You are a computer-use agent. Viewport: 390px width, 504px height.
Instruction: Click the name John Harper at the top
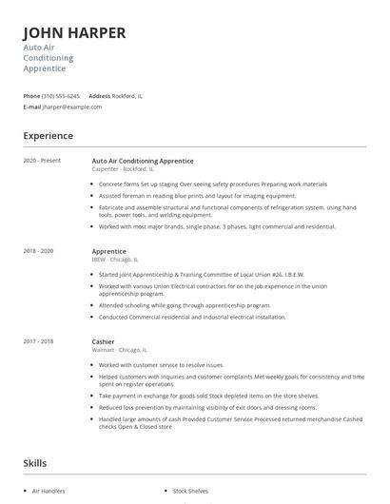pyautogui.click(x=74, y=33)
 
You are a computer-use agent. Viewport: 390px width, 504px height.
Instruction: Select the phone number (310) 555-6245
pyautogui.click(x=62, y=96)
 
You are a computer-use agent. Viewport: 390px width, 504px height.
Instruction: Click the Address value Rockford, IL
pyautogui.click(x=127, y=96)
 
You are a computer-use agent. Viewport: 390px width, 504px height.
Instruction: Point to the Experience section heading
pyautogui.click(x=49, y=136)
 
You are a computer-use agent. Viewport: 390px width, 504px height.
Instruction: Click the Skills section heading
pyautogui.click(x=36, y=463)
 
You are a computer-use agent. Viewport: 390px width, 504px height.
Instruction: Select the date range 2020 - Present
pyautogui.click(x=42, y=161)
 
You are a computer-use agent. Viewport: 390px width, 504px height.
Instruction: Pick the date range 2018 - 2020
pyautogui.click(x=38, y=250)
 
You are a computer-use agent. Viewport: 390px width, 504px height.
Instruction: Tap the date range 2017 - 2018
pyautogui.click(x=38, y=339)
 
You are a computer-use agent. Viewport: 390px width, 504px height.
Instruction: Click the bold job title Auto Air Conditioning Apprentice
pyautogui.click(x=143, y=161)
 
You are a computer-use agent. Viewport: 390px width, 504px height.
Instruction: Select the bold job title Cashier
pyautogui.click(x=104, y=339)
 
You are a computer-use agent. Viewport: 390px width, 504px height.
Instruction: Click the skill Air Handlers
pyautogui.click(x=49, y=491)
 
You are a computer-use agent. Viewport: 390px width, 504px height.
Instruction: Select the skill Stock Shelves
pyautogui.click(x=190, y=491)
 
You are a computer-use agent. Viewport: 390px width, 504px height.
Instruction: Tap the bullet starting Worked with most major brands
pyautogui.click(x=216, y=226)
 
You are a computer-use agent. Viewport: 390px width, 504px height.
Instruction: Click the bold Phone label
pyautogui.click(x=31, y=96)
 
